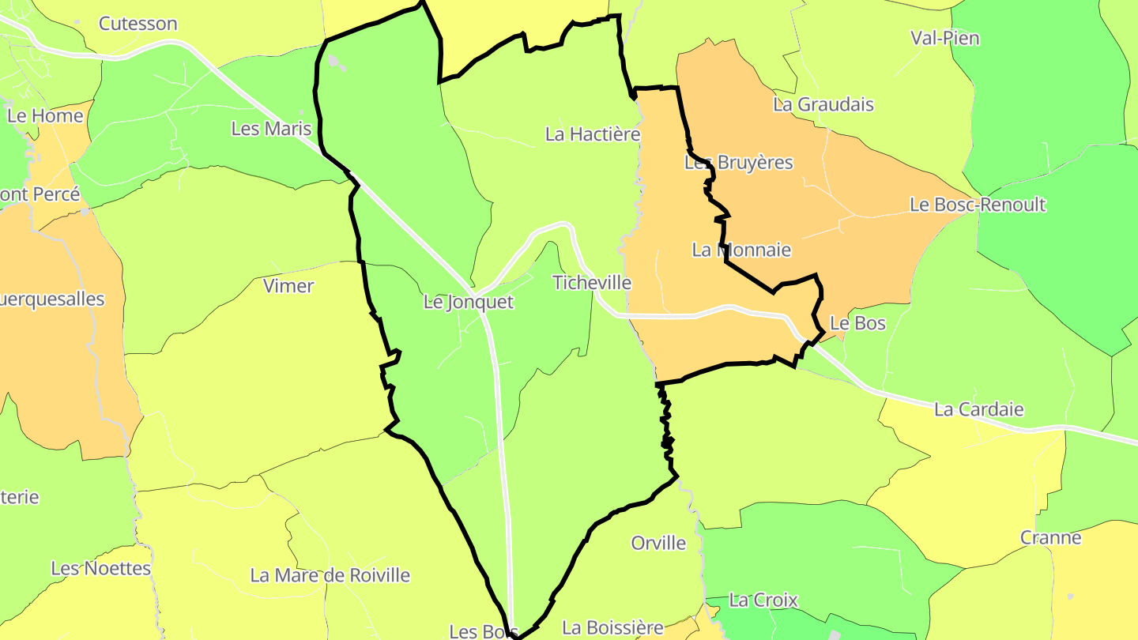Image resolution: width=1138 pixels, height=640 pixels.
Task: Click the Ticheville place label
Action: (592, 283)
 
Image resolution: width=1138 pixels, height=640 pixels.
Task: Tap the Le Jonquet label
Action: (469, 302)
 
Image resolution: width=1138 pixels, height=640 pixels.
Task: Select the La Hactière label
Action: (593, 134)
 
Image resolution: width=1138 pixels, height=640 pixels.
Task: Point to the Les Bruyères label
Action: (738, 163)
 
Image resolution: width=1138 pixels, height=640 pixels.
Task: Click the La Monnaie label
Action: (741, 250)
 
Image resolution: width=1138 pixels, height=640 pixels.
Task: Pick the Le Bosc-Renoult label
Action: (978, 205)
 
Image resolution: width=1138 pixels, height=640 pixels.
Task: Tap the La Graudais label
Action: (823, 104)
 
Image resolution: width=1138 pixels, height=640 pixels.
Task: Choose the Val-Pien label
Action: (944, 38)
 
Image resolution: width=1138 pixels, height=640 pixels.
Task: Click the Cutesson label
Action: (138, 24)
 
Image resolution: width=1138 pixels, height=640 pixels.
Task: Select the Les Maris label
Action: (271, 128)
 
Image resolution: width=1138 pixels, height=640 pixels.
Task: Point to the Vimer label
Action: (288, 286)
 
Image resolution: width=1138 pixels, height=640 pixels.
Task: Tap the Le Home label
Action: (45, 116)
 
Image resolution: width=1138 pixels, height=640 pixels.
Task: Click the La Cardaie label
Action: (978, 409)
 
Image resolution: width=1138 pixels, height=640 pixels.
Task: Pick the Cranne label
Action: (1050, 538)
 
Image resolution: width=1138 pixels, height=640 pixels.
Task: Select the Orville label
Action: (658, 544)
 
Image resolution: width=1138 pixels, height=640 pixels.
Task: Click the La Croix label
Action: (763, 600)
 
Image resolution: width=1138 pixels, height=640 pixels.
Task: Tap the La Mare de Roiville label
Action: (330, 575)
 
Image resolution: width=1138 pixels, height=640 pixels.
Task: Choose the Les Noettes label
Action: (100, 568)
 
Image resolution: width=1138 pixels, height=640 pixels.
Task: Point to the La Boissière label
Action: (612, 628)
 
